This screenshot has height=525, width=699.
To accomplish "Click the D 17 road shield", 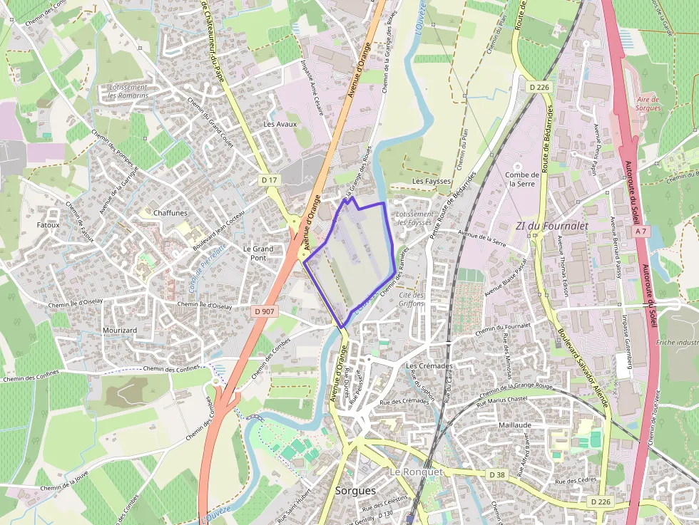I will pos(269,180).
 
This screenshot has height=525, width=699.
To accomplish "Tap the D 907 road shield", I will pos(265,311).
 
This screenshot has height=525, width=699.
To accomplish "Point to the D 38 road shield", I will pos(498,474).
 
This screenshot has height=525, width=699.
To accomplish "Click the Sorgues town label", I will pos(355,492).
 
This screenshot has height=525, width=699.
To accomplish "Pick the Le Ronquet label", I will pos(416,472).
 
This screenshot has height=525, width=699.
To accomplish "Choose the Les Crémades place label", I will pos(429,366).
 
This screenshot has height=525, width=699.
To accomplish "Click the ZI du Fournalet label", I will pos(552,226).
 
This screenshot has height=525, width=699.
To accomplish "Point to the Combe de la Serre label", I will pos(521,179).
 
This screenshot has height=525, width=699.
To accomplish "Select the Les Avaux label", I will pos(280,124).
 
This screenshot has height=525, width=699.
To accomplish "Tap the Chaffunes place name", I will pos(170,212).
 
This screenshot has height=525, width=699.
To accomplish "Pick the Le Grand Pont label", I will pos(258,254).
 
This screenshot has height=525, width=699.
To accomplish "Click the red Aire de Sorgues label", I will pos(648,104).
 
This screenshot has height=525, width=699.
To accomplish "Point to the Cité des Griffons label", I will pos(412,299).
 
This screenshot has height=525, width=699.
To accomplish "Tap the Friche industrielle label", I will pos(676,343).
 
